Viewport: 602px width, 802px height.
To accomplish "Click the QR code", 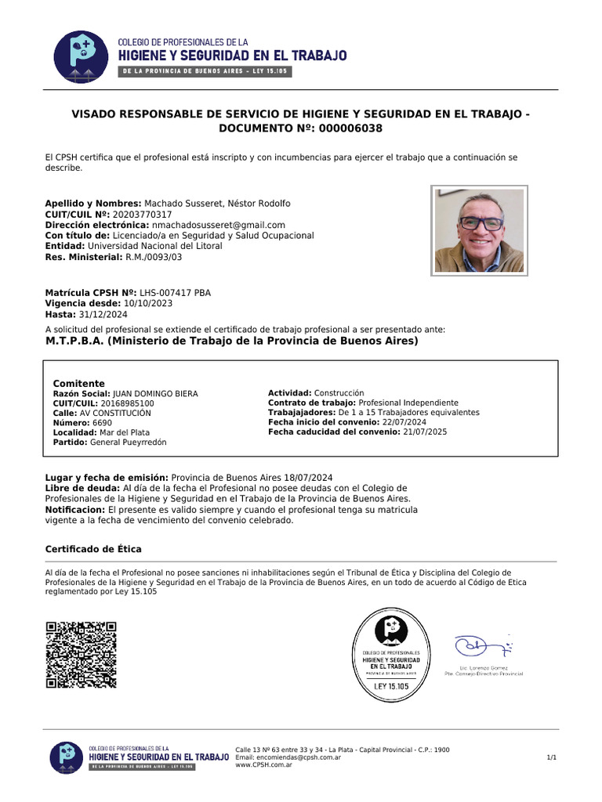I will coord(81,655).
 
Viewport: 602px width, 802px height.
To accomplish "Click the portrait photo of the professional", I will coord(479,230).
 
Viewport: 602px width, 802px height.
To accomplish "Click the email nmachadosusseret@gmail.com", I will coord(219,225).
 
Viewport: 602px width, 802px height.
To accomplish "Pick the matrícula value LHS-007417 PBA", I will coord(175,293).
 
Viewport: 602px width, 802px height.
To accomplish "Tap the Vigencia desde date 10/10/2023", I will coord(148,303).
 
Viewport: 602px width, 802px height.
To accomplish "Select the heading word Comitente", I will coord(78,384).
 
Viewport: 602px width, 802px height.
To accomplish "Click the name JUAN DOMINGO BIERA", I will coord(155,394).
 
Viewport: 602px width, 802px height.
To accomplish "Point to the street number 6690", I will coord(102,423).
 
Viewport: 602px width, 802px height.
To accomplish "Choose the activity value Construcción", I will coord(339,393).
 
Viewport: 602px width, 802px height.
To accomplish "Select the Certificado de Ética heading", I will coord(93,549).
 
